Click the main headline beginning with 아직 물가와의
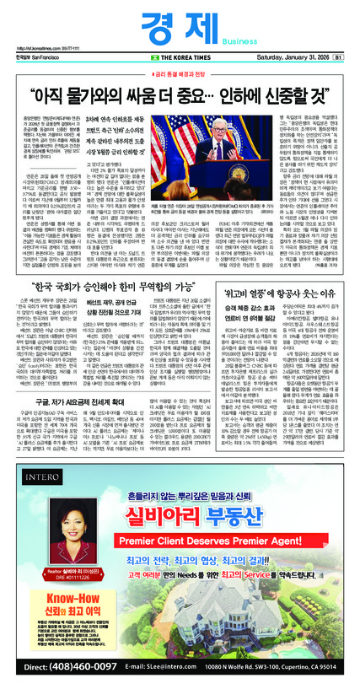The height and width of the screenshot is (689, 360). [x=180, y=87]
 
